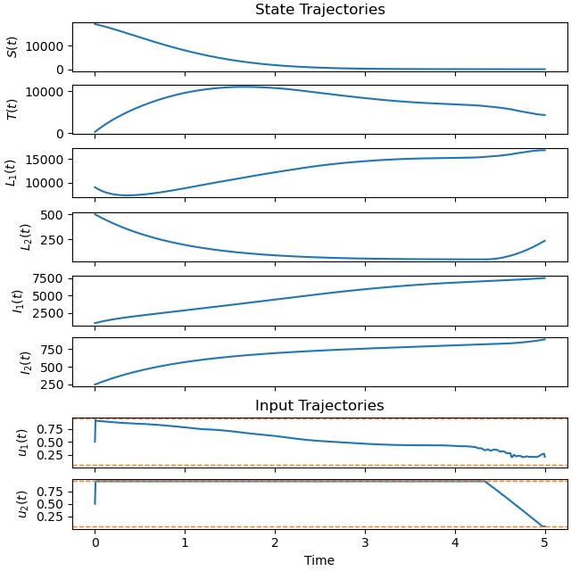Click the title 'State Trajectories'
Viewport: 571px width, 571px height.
click(x=319, y=10)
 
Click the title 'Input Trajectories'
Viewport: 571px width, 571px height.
click(x=319, y=406)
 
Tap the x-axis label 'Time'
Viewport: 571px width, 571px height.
click(x=319, y=560)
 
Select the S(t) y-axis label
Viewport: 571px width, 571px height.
click(x=12, y=46)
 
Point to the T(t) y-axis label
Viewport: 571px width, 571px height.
click(x=12, y=110)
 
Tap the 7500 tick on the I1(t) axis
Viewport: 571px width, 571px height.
click(x=52, y=278)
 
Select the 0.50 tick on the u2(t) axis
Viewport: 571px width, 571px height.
click(x=52, y=504)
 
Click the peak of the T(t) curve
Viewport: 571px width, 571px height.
click(x=244, y=87)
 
